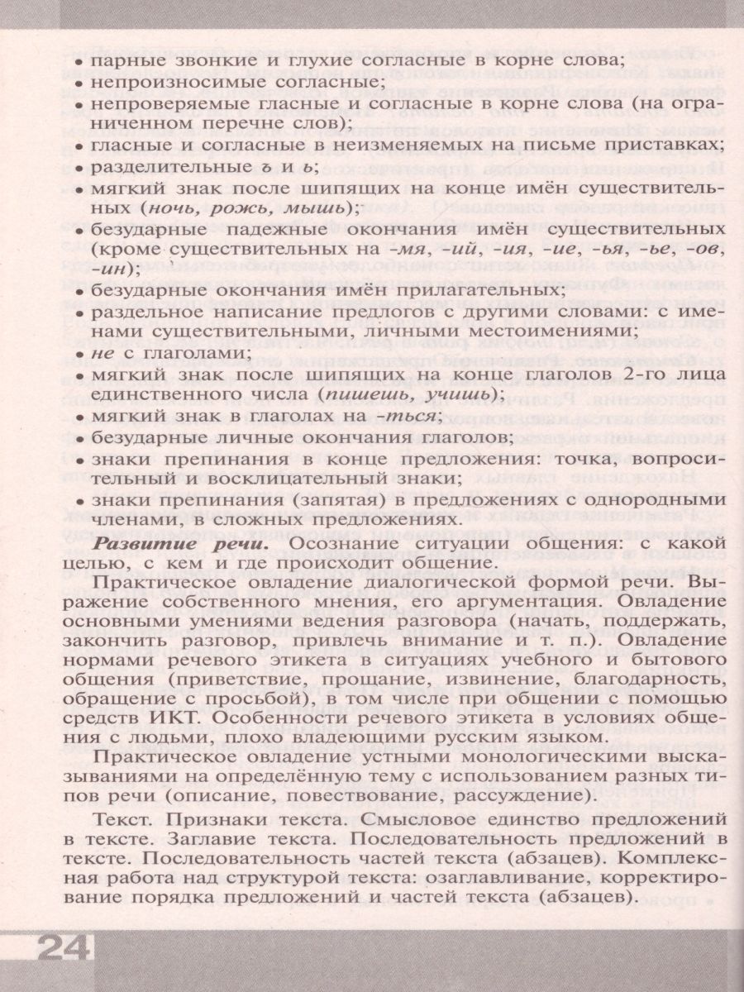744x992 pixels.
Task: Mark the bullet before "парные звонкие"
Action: pyautogui.click(x=78, y=62)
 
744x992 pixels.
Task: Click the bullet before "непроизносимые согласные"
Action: pyautogui.click(x=78, y=83)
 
